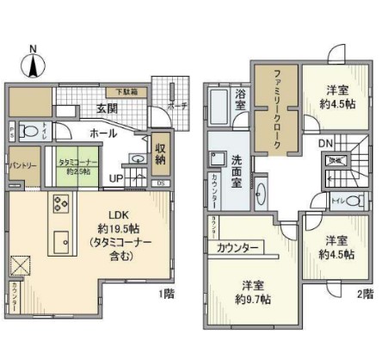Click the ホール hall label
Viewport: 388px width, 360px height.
(x=103, y=134)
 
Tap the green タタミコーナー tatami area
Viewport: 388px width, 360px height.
(x=79, y=166)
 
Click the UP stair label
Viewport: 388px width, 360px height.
(x=114, y=179)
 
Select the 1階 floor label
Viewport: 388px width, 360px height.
(x=169, y=294)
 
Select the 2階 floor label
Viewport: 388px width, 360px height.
(x=366, y=294)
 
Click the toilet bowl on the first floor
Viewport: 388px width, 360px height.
(x=30, y=132)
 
